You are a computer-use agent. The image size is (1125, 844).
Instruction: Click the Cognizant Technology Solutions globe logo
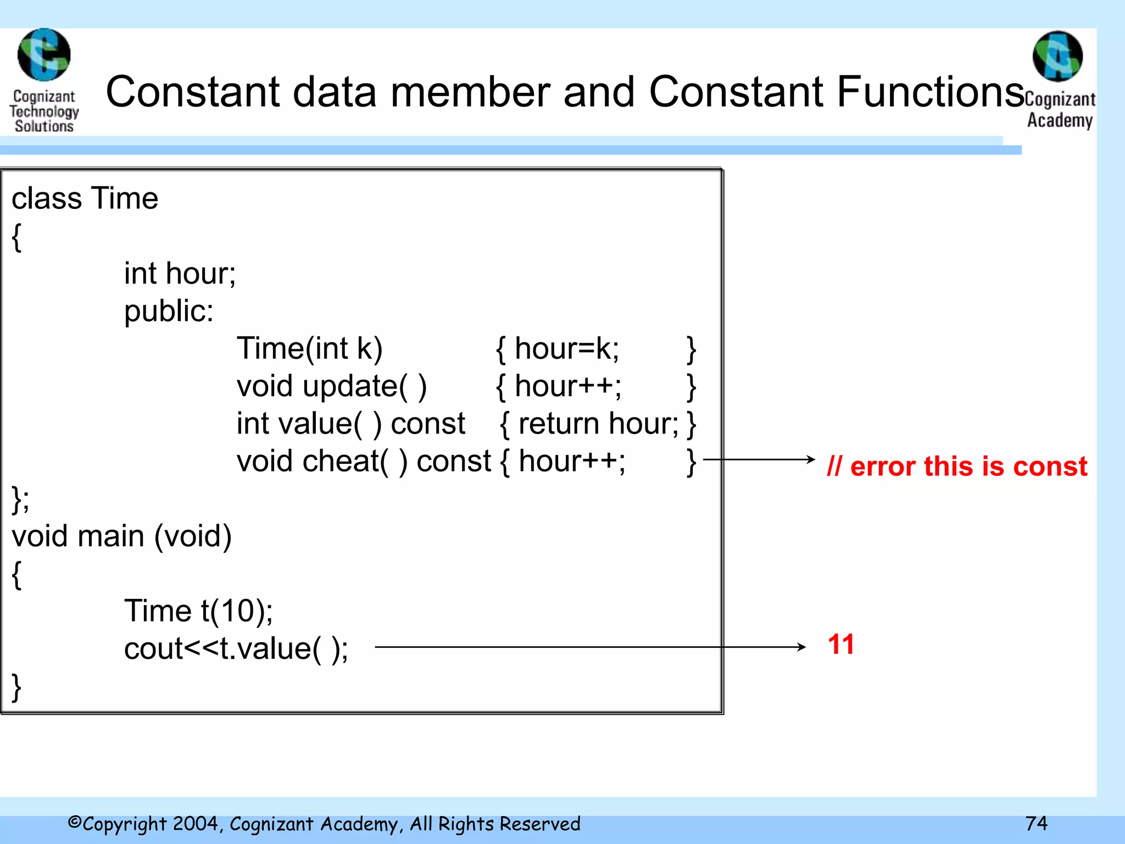click(x=44, y=55)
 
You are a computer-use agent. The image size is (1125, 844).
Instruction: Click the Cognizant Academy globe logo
click(x=1057, y=56)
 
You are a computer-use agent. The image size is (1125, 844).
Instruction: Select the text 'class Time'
click(x=85, y=198)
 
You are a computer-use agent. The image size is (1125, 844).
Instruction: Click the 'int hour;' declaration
click(x=180, y=274)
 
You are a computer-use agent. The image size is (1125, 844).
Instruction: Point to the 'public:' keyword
click(x=169, y=311)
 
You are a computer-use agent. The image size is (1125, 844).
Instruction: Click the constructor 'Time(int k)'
click(x=309, y=348)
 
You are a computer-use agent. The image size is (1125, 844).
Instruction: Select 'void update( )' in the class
click(x=331, y=386)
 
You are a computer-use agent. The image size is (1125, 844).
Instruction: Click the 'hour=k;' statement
click(x=566, y=348)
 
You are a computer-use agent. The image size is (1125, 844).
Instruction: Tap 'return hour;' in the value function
click(x=598, y=424)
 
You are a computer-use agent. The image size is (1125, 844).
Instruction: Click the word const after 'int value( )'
click(x=428, y=424)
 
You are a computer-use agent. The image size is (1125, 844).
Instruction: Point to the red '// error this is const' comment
click(x=956, y=466)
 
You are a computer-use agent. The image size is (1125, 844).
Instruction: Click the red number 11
click(x=840, y=644)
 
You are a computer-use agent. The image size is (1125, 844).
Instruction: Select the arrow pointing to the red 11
click(x=590, y=647)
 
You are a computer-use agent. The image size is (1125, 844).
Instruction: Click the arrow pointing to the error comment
click(x=759, y=459)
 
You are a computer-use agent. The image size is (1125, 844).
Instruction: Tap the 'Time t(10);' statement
click(x=198, y=611)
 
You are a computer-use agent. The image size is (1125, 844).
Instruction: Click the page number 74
click(x=1036, y=823)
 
